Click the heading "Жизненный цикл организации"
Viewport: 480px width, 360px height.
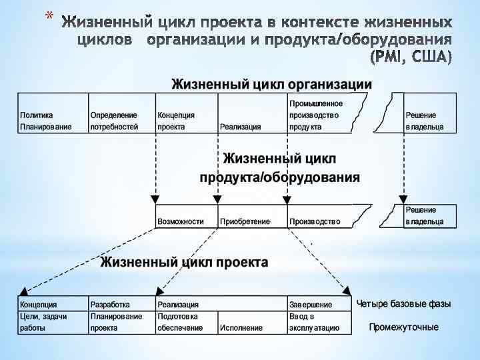tap(272, 85)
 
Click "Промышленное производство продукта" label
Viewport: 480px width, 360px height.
tap(316, 115)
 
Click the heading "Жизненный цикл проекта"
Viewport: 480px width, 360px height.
tap(184, 262)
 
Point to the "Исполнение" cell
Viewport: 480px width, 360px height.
tap(241, 328)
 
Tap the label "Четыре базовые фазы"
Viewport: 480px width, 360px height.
tap(404, 304)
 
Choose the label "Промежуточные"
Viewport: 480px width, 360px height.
tap(404, 327)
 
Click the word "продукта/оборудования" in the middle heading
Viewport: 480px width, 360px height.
tap(280, 178)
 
